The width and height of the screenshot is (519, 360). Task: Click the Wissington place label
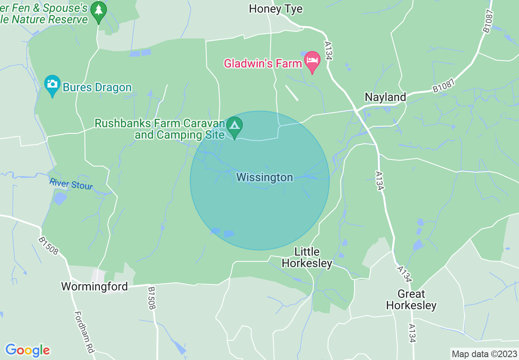tap(264, 177)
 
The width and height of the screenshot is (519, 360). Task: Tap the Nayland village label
tap(385, 97)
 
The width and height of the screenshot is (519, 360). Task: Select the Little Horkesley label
tap(307, 257)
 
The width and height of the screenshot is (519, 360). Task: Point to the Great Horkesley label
tap(411, 299)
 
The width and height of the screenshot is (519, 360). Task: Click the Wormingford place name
tap(95, 286)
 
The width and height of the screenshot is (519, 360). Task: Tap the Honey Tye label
tap(275, 9)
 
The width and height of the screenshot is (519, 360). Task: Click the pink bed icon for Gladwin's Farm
tap(312, 61)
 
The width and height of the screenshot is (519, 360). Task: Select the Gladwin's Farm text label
tap(262, 63)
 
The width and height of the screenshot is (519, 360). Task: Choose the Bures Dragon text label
tap(97, 88)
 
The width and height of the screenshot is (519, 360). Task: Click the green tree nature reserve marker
tap(98, 10)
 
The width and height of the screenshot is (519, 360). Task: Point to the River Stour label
tap(71, 184)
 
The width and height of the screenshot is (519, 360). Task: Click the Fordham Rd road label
tap(84, 332)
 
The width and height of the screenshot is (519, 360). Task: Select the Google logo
tap(27, 350)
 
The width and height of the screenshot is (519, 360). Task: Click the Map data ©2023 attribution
tap(483, 353)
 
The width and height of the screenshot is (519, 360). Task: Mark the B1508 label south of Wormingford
tap(153, 297)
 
